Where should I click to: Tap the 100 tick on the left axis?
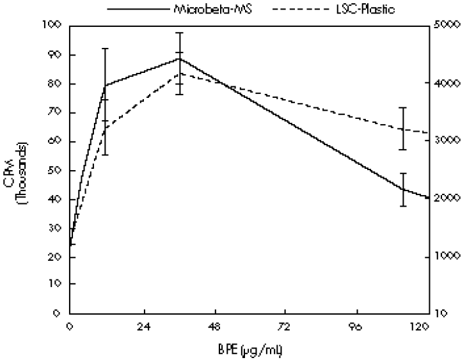tap(53, 25)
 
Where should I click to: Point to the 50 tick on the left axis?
tap(56, 171)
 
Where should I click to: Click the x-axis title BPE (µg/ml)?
tap(250, 350)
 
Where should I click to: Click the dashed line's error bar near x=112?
tap(402, 129)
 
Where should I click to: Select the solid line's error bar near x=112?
tap(402, 189)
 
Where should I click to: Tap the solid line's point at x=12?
tap(104, 85)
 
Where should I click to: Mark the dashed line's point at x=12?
tap(104, 129)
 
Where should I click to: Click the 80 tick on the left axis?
tap(56, 84)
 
